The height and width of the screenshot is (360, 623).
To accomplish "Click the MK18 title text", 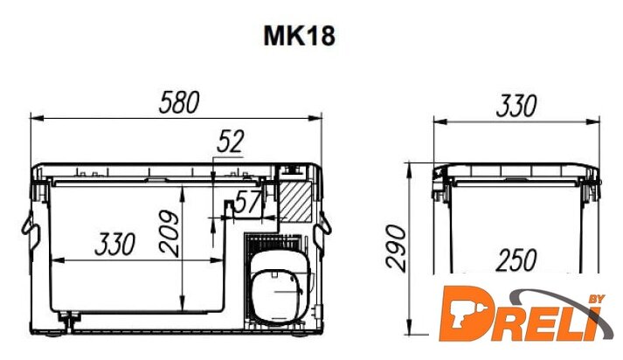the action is click(x=299, y=36).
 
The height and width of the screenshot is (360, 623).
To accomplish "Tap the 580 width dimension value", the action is click(x=179, y=102).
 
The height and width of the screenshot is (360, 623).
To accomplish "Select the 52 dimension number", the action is click(x=231, y=142).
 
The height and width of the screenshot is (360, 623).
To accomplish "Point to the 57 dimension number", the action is click(x=248, y=202).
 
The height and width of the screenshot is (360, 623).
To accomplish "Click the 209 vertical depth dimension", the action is click(x=170, y=233).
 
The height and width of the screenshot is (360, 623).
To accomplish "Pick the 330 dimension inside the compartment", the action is click(x=115, y=244).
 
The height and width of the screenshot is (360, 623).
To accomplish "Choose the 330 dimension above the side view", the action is click(x=516, y=106).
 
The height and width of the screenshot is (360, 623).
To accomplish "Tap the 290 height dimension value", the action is click(x=397, y=248).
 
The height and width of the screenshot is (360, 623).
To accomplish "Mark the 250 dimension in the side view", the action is click(x=516, y=260).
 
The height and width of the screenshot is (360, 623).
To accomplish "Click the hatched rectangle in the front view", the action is click(x=295, y=202).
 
